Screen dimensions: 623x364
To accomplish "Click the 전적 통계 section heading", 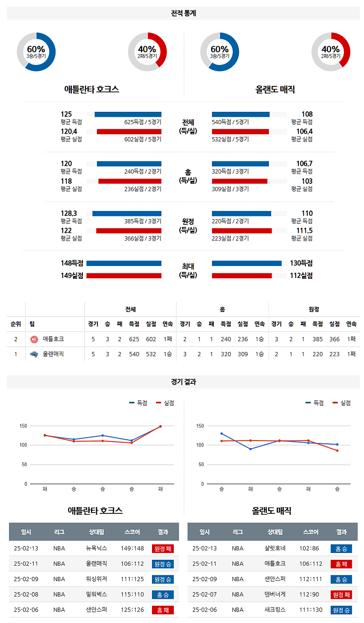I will pyautogui.click(x=183, y=14).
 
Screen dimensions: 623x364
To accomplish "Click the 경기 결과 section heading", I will pyautogui.click(x=183, y=382).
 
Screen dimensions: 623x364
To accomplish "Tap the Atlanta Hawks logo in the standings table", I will pyautogui.click(x=34, y=339).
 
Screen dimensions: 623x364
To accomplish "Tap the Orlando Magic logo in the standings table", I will pyautogui.click(x=34, y=354).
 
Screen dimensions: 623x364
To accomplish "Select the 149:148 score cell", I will pyautogui.click(x=132, y=548).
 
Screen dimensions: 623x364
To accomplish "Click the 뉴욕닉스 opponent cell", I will pyautogui.click(x=96, y=548).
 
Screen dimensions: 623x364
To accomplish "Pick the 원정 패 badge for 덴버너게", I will pyautogui.click(x=341, y=595).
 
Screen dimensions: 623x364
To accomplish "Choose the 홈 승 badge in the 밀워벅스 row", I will pyautogui.click(x=162, y=595).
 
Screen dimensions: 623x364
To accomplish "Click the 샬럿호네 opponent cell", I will pyautogui.click(x=275, y=548).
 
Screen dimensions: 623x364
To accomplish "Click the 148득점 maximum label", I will pyautogui.click(x=72, y=263).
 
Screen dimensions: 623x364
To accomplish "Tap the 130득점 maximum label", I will pyautogui.click(x=301, y=263).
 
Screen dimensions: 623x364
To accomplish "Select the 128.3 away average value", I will pyautogui.click(x=69, y=213).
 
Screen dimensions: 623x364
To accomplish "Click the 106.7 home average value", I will pyautogui.click(x=303, y=164).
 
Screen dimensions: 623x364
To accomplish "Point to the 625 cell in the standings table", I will pyautogui.click(x=134, y=339).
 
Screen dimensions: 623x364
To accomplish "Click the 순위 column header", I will pyautogui.click(x=16, y=324).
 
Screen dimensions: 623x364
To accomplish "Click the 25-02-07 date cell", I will pyautogui.click(x=205, y=595).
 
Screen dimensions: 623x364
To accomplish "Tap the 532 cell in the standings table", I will pyautogui.click(x=151, y=354).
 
